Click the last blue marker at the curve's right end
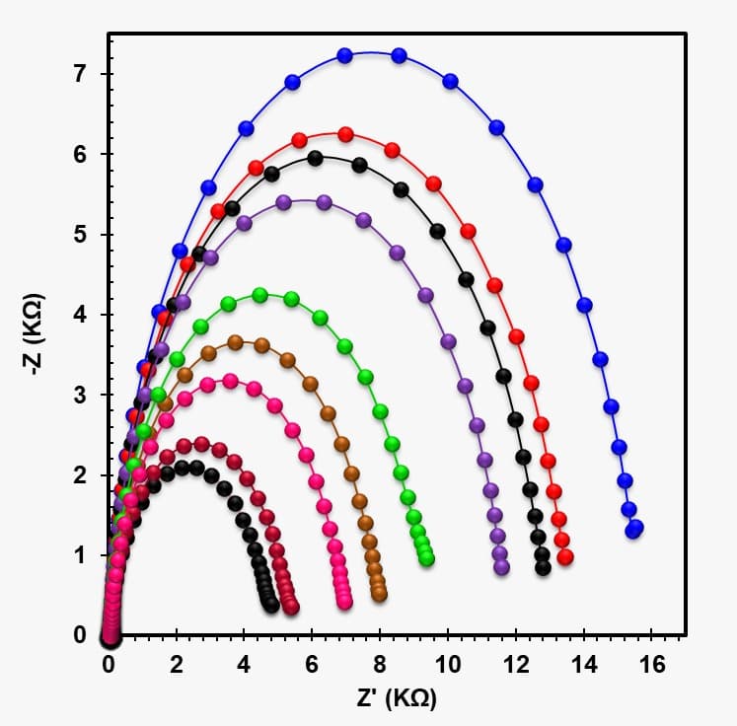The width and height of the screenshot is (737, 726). [x=634, y=529]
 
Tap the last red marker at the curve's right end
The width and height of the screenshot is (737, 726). [x=565, y=557]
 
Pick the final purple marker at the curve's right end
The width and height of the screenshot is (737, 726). [x=501, y=567]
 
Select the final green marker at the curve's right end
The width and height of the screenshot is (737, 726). [x=426, y=558]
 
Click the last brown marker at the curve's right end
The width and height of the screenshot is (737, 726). [x=379, y=594]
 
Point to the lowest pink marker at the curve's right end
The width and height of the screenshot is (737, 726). [x=344, y=601]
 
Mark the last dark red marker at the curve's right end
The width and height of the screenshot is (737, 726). [x=291, y=608]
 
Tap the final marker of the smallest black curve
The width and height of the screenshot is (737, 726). [x=271, y=605]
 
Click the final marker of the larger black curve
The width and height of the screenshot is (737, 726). [x=543, y=567]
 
